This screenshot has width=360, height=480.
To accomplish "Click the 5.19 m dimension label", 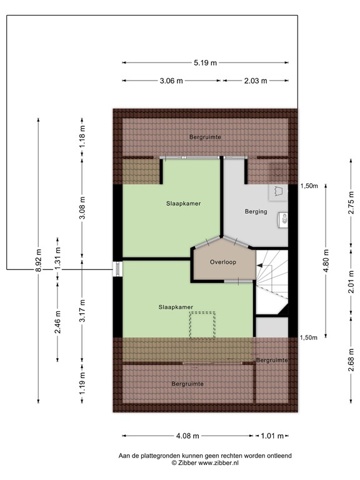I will click(x=205, y=62).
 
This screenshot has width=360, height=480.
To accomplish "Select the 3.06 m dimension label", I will click(x=171, y=81).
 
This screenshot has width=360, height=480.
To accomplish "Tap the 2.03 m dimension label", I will click(x=254, y=81).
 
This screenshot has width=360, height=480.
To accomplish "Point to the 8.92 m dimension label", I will click(x=38, y=261).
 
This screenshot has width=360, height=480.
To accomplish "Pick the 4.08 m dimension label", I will click(x=187, y=436).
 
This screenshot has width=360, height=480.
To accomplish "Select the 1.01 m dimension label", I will click(x=272, y=436).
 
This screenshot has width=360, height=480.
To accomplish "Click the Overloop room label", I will click(x=223, y=262).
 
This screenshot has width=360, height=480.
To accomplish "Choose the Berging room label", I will click(x=256, y=212).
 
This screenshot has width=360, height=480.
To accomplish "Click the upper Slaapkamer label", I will click(x=184, y=204).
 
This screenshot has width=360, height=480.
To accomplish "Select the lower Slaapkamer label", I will click(x=176, y=307).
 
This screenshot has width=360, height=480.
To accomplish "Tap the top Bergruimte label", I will click(x=206, y=136).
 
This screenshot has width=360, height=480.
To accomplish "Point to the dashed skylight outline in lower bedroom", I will click(x=202, y=325).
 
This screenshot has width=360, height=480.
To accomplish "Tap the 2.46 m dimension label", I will click(x=57, y=322).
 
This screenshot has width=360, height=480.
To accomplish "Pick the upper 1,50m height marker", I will click(x=309, y=186).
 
